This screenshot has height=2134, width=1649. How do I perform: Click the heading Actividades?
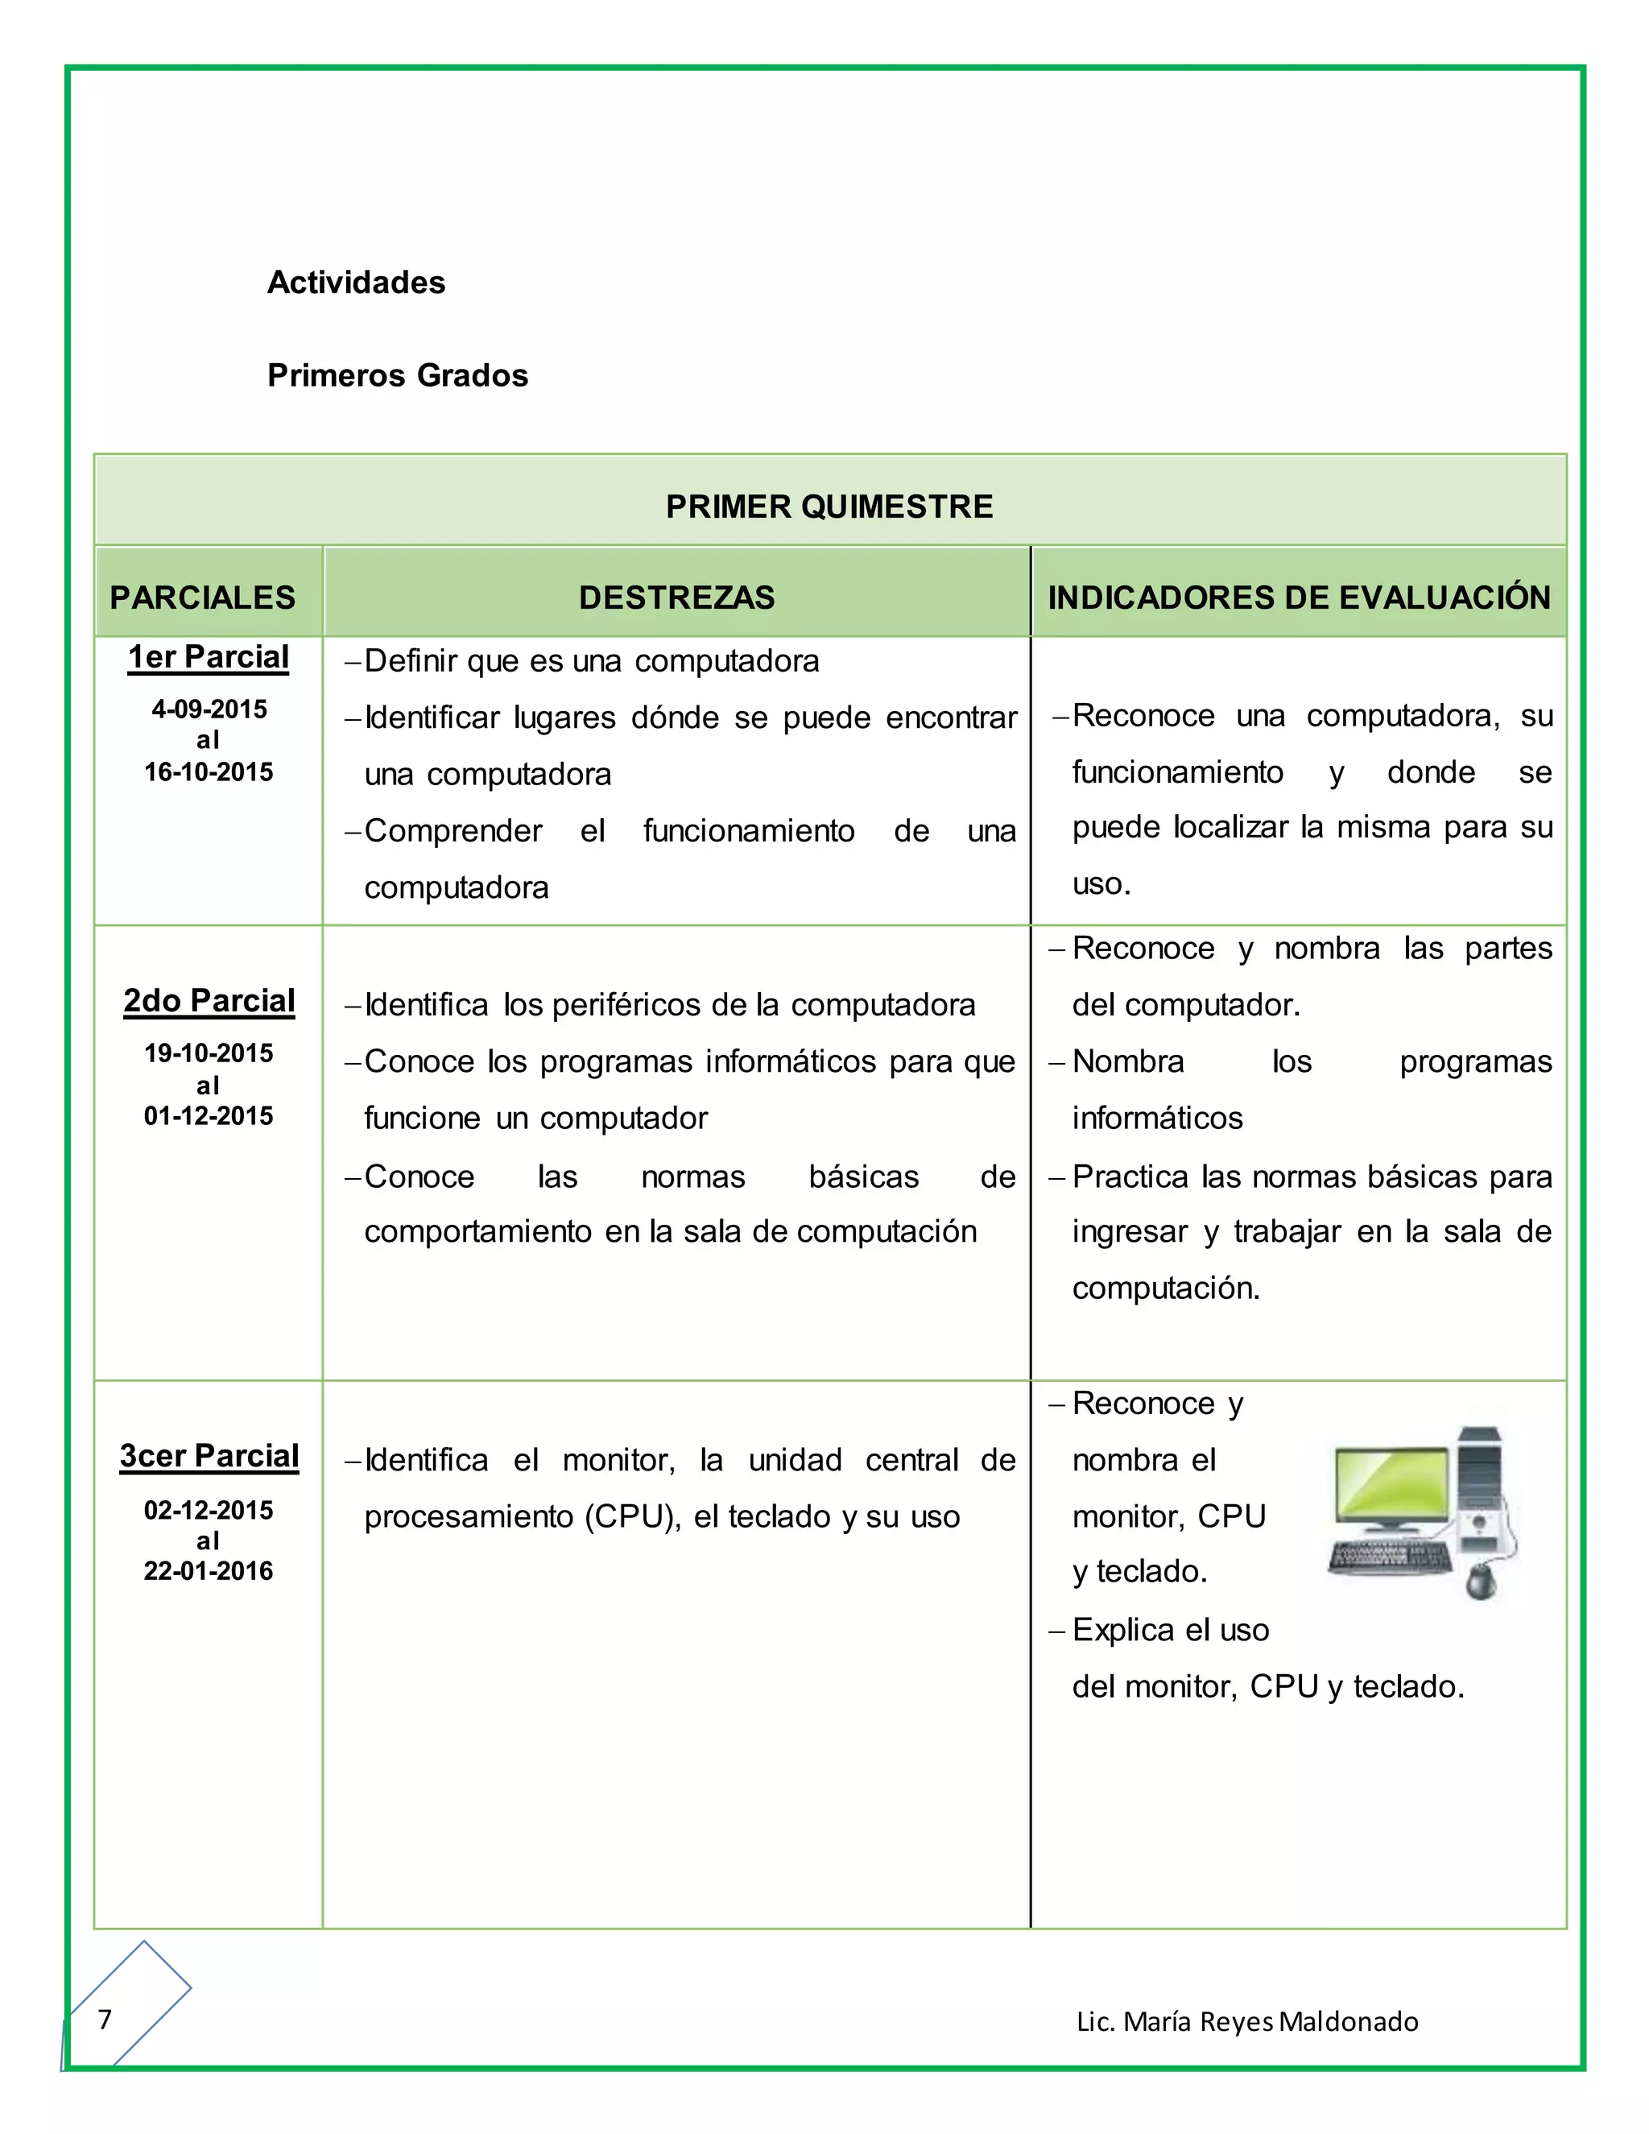tap(356, 283)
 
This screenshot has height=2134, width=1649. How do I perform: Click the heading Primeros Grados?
tap(398, 375)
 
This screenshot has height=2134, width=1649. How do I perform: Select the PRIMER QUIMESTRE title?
tap(829, 507)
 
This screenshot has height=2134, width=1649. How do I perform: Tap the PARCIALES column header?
tap(202, 597)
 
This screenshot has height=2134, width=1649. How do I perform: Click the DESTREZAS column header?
tap(676, 597)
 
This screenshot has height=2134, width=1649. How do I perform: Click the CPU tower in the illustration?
tap(1479, 1485)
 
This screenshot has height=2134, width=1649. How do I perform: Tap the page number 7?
tap(105, 2019)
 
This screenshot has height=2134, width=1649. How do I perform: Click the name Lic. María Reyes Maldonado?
tap(1246, 2021)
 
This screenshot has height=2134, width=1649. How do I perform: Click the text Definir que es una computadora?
tap(591, 661)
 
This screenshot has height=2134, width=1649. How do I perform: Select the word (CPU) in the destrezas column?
tap(632, 1516)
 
